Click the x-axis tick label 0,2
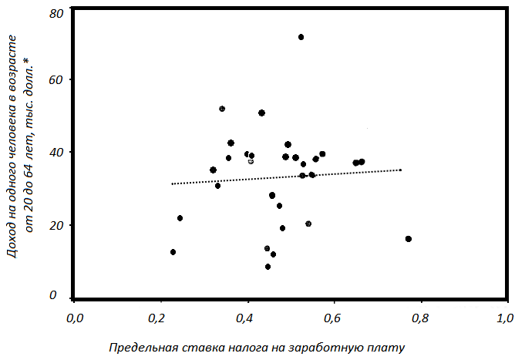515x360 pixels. coord(160,318)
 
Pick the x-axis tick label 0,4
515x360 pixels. coord(246,318)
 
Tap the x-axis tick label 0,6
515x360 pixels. coord(332,318)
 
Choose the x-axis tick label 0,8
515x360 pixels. coord(418,318)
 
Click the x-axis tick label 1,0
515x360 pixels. coord(504,318)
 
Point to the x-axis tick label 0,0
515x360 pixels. coord(74,318)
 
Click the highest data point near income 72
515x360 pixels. coord(301,37)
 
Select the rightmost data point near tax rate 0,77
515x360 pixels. coord(408,239)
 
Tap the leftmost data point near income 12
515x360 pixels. coord(173,252)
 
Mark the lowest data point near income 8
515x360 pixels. coord(268,267)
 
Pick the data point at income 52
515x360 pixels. coord(222,109)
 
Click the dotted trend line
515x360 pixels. coord(285,177)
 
